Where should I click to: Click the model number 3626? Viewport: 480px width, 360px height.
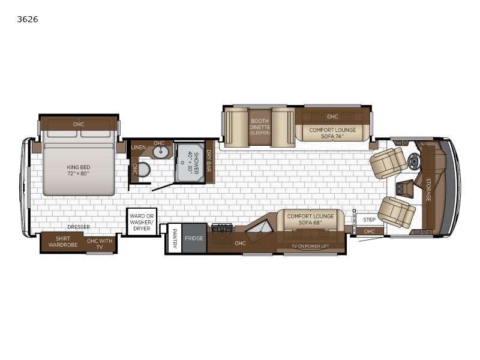click(x=28, y=19)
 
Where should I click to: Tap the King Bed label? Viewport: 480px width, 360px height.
click(x=79, y=170)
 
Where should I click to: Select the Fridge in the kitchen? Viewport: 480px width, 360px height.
click(x=194, y=238)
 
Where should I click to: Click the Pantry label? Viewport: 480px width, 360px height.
click(x=175, y=238)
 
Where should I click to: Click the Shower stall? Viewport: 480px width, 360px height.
click(x=190, y=163)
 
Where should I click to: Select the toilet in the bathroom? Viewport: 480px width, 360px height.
click(x=144, y=169)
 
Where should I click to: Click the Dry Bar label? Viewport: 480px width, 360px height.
click(x=209, y=161)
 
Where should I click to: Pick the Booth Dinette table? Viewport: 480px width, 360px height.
click(x=260, y=127)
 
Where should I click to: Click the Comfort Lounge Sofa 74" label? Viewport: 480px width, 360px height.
click(x=332, y=133)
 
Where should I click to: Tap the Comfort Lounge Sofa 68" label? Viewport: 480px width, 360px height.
click(x=310, y=219)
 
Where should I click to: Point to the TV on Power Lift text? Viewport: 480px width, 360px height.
click(x=310, y=246)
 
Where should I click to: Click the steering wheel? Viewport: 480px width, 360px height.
click(x=413, y=160)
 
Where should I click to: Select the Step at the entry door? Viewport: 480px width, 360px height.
click(x=370, y=220)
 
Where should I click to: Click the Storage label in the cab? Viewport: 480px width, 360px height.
click(x=428, y=190)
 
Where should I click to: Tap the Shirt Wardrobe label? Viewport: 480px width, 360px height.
click(x=63, y=242)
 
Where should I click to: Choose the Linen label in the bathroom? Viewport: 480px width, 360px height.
click(x=139, y=147)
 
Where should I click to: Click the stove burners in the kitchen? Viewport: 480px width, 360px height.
click(x=221, y=228)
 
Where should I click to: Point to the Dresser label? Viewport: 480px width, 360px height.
click(x=79, y=227)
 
